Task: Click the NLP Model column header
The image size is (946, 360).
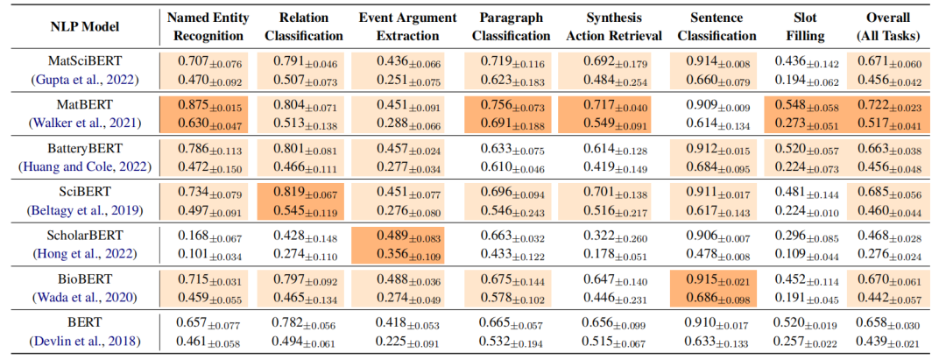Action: (x=80, y=27)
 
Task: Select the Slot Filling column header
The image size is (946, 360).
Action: (x=798, y=27)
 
